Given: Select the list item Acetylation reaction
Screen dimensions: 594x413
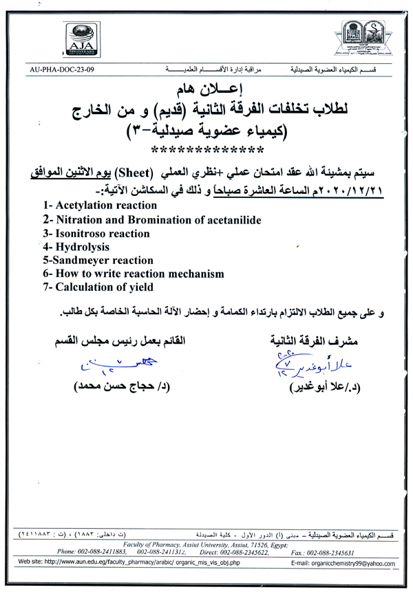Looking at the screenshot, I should (99, 206).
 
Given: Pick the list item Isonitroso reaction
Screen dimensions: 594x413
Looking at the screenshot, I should (96, 234).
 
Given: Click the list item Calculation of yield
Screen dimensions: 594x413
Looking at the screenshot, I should (98, 287).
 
